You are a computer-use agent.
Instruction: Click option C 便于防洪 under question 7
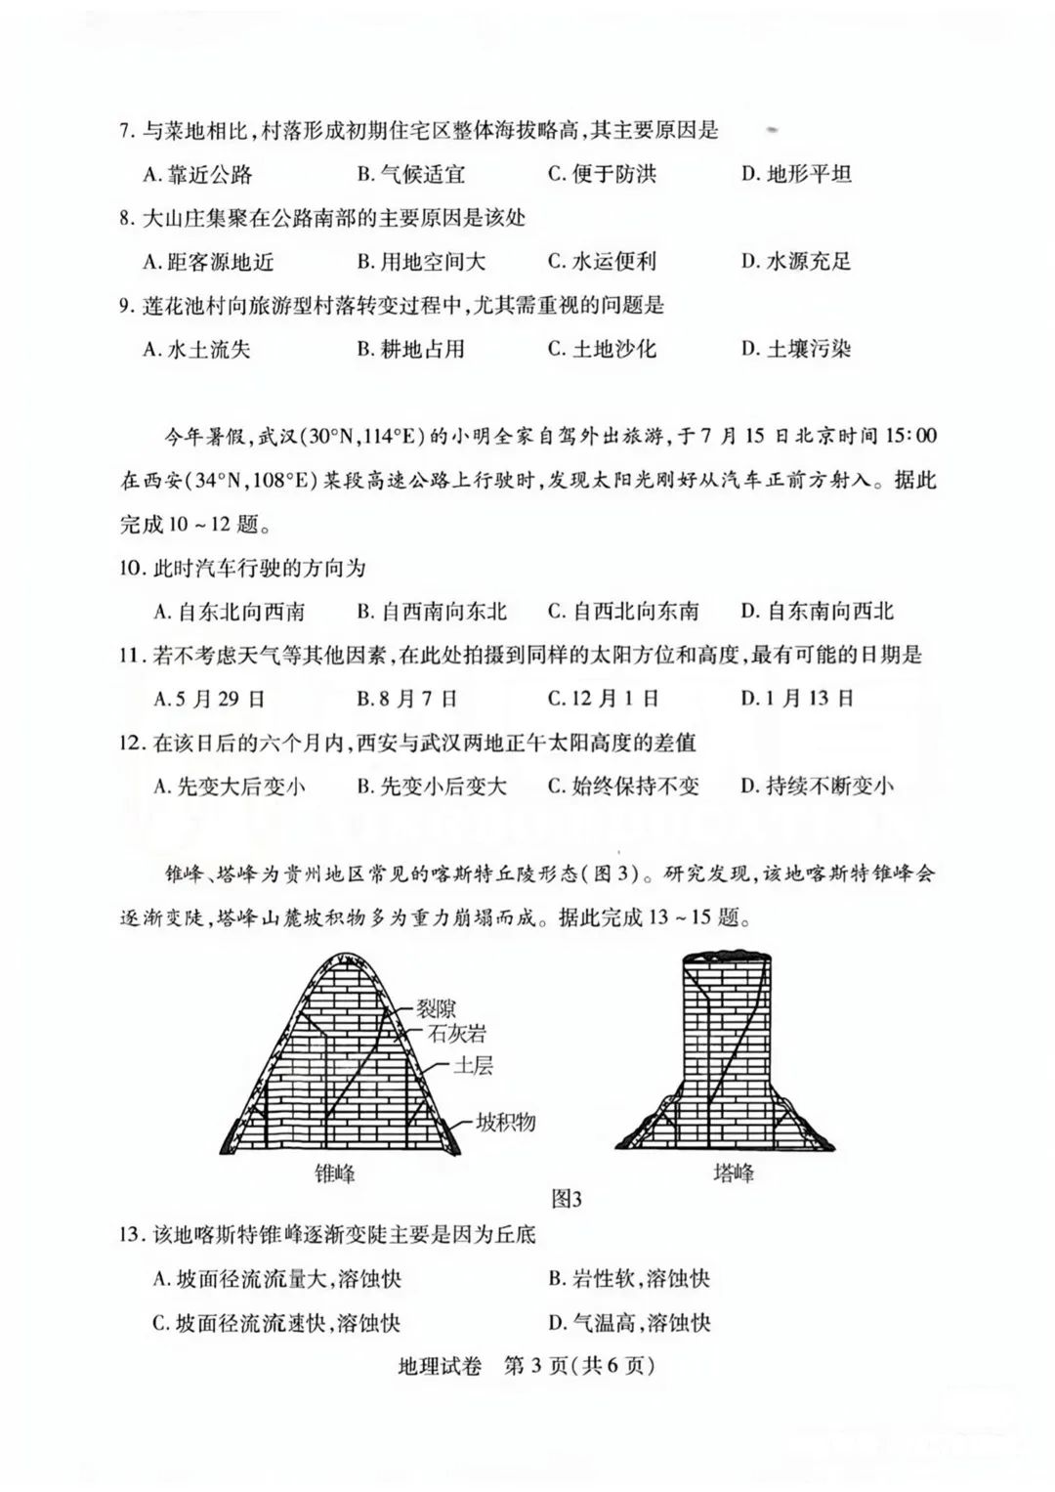point(602,174)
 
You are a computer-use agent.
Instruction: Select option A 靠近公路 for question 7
point(198,174)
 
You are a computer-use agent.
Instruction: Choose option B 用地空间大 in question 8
point(420,261)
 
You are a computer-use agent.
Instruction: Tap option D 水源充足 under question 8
point(796,261)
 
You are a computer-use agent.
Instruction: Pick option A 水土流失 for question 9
point(197,349)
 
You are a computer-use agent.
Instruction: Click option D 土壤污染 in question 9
point(796,349)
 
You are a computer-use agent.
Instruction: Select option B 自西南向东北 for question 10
point(432,612)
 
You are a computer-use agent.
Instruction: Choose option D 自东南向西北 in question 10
point(817,612)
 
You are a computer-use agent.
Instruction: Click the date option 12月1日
point(603,699)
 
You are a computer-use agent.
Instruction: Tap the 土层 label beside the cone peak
point(473,1065)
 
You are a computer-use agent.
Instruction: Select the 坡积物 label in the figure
point(506,1122)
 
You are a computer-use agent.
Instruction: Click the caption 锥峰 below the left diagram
point(335,1172)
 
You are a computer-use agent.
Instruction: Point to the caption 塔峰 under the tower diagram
point(733,1172)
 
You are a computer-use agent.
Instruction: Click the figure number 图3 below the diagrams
point(567,1198)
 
